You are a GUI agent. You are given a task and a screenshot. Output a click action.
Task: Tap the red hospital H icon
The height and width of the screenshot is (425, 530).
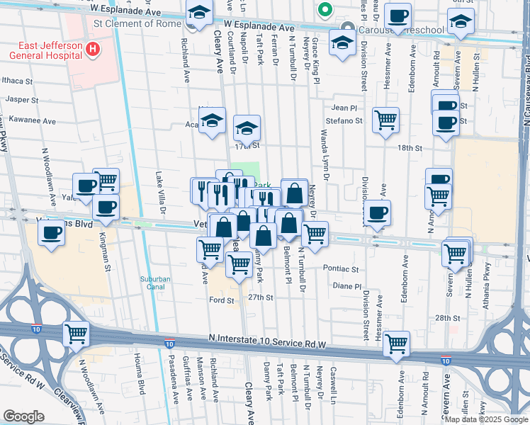tap(91, 50)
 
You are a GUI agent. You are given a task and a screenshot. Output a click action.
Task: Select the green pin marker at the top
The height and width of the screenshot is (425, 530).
tap(325, 10)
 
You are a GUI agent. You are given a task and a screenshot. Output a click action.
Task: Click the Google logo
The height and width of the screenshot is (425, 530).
tap(24, 416)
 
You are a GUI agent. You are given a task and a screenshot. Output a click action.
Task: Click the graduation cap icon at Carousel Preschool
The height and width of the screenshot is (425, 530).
tap(343, 44)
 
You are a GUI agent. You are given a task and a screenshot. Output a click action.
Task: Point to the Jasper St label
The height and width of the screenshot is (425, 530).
tap(21, 100)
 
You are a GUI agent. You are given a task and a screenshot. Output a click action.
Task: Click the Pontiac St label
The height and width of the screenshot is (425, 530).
tap(341, 269)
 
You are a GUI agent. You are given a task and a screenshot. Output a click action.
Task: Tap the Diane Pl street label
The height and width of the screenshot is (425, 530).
tap(347, 286)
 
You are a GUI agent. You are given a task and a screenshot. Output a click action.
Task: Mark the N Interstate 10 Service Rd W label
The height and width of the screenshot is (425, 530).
tap(258, 343)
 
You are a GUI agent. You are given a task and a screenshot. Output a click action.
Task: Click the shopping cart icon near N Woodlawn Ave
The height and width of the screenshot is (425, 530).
tap(77, 334)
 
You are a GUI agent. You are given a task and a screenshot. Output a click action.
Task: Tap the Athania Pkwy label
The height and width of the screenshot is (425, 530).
tap(487, 279)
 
